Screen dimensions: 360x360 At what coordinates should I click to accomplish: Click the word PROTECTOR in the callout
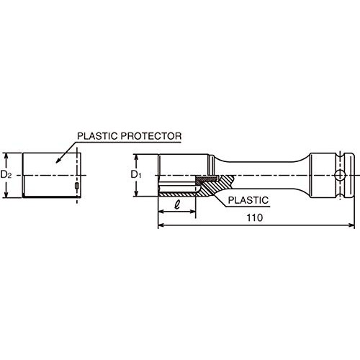pos(151,136)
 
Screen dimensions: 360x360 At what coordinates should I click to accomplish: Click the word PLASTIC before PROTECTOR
pos(97,136)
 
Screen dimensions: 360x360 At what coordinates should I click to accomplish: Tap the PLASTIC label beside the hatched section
pos(248,200)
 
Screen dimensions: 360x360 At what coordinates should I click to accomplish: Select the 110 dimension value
pos(255,217)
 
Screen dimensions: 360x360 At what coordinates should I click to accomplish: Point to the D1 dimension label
pos(136,175)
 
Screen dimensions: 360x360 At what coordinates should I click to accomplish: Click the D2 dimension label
pos(6,174)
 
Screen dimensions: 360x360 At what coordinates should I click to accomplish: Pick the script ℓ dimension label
pos(177,204)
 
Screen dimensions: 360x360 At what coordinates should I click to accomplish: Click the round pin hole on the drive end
pos(340,175)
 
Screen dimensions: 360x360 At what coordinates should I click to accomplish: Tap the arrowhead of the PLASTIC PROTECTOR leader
pos(58,161)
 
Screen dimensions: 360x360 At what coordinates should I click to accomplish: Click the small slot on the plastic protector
pos(77,186)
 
